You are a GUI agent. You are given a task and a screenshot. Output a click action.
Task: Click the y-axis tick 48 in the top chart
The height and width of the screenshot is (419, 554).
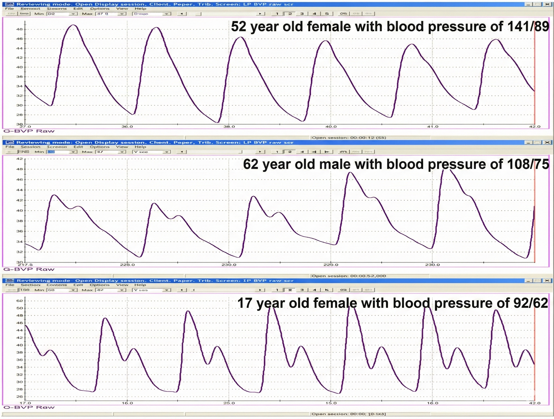20,29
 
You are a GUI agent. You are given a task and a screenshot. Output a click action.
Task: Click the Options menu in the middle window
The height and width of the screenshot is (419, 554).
100,147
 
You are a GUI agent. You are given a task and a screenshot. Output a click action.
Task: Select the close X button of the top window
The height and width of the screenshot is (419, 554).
547,4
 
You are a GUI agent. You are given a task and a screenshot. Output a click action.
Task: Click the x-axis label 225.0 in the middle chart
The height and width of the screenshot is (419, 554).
127,265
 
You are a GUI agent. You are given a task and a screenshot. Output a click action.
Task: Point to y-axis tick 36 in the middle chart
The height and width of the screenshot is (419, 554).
20,231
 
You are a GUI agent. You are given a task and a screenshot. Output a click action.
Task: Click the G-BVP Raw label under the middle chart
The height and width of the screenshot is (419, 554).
29,269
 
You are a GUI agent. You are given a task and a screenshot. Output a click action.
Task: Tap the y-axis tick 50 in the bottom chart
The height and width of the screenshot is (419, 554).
20,308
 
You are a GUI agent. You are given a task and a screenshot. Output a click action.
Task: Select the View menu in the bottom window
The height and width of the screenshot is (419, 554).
122,285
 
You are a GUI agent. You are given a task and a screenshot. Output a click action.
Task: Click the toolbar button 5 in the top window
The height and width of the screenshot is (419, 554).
327,14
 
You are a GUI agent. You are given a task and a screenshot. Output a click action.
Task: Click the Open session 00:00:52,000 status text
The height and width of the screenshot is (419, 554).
349,276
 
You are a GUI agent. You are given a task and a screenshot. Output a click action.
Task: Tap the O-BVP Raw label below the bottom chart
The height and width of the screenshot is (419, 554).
29,407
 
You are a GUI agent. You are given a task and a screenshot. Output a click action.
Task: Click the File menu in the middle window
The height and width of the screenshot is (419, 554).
10,147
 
